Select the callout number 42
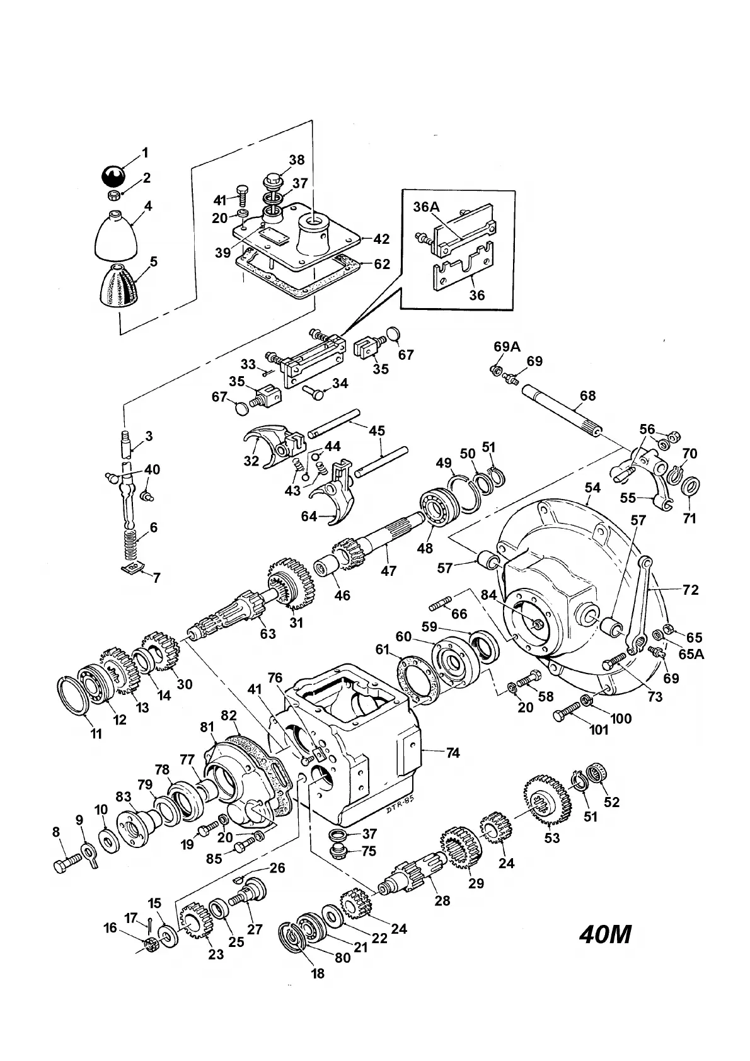tap(381, 239)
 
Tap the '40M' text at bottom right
tap(604, 935)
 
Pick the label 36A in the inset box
tap(427, 207)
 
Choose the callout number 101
tap(598, 730)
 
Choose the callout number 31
tap(296, 622)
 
